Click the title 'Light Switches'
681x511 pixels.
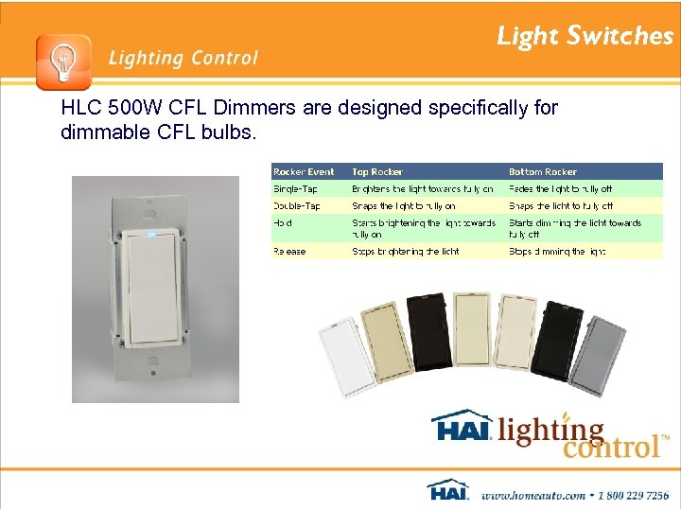point(585,36)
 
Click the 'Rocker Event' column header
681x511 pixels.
point(304,172)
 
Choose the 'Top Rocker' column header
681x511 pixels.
point(377,172)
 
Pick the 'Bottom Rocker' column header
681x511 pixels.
point(543,172)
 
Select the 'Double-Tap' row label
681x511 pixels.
point(297,205)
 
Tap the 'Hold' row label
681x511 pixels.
point(283,223)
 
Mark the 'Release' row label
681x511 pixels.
point(289,252)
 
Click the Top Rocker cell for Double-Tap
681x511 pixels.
point(404,205)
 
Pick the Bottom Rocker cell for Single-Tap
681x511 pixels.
point(561,188)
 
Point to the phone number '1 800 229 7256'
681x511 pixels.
point(623,494)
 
